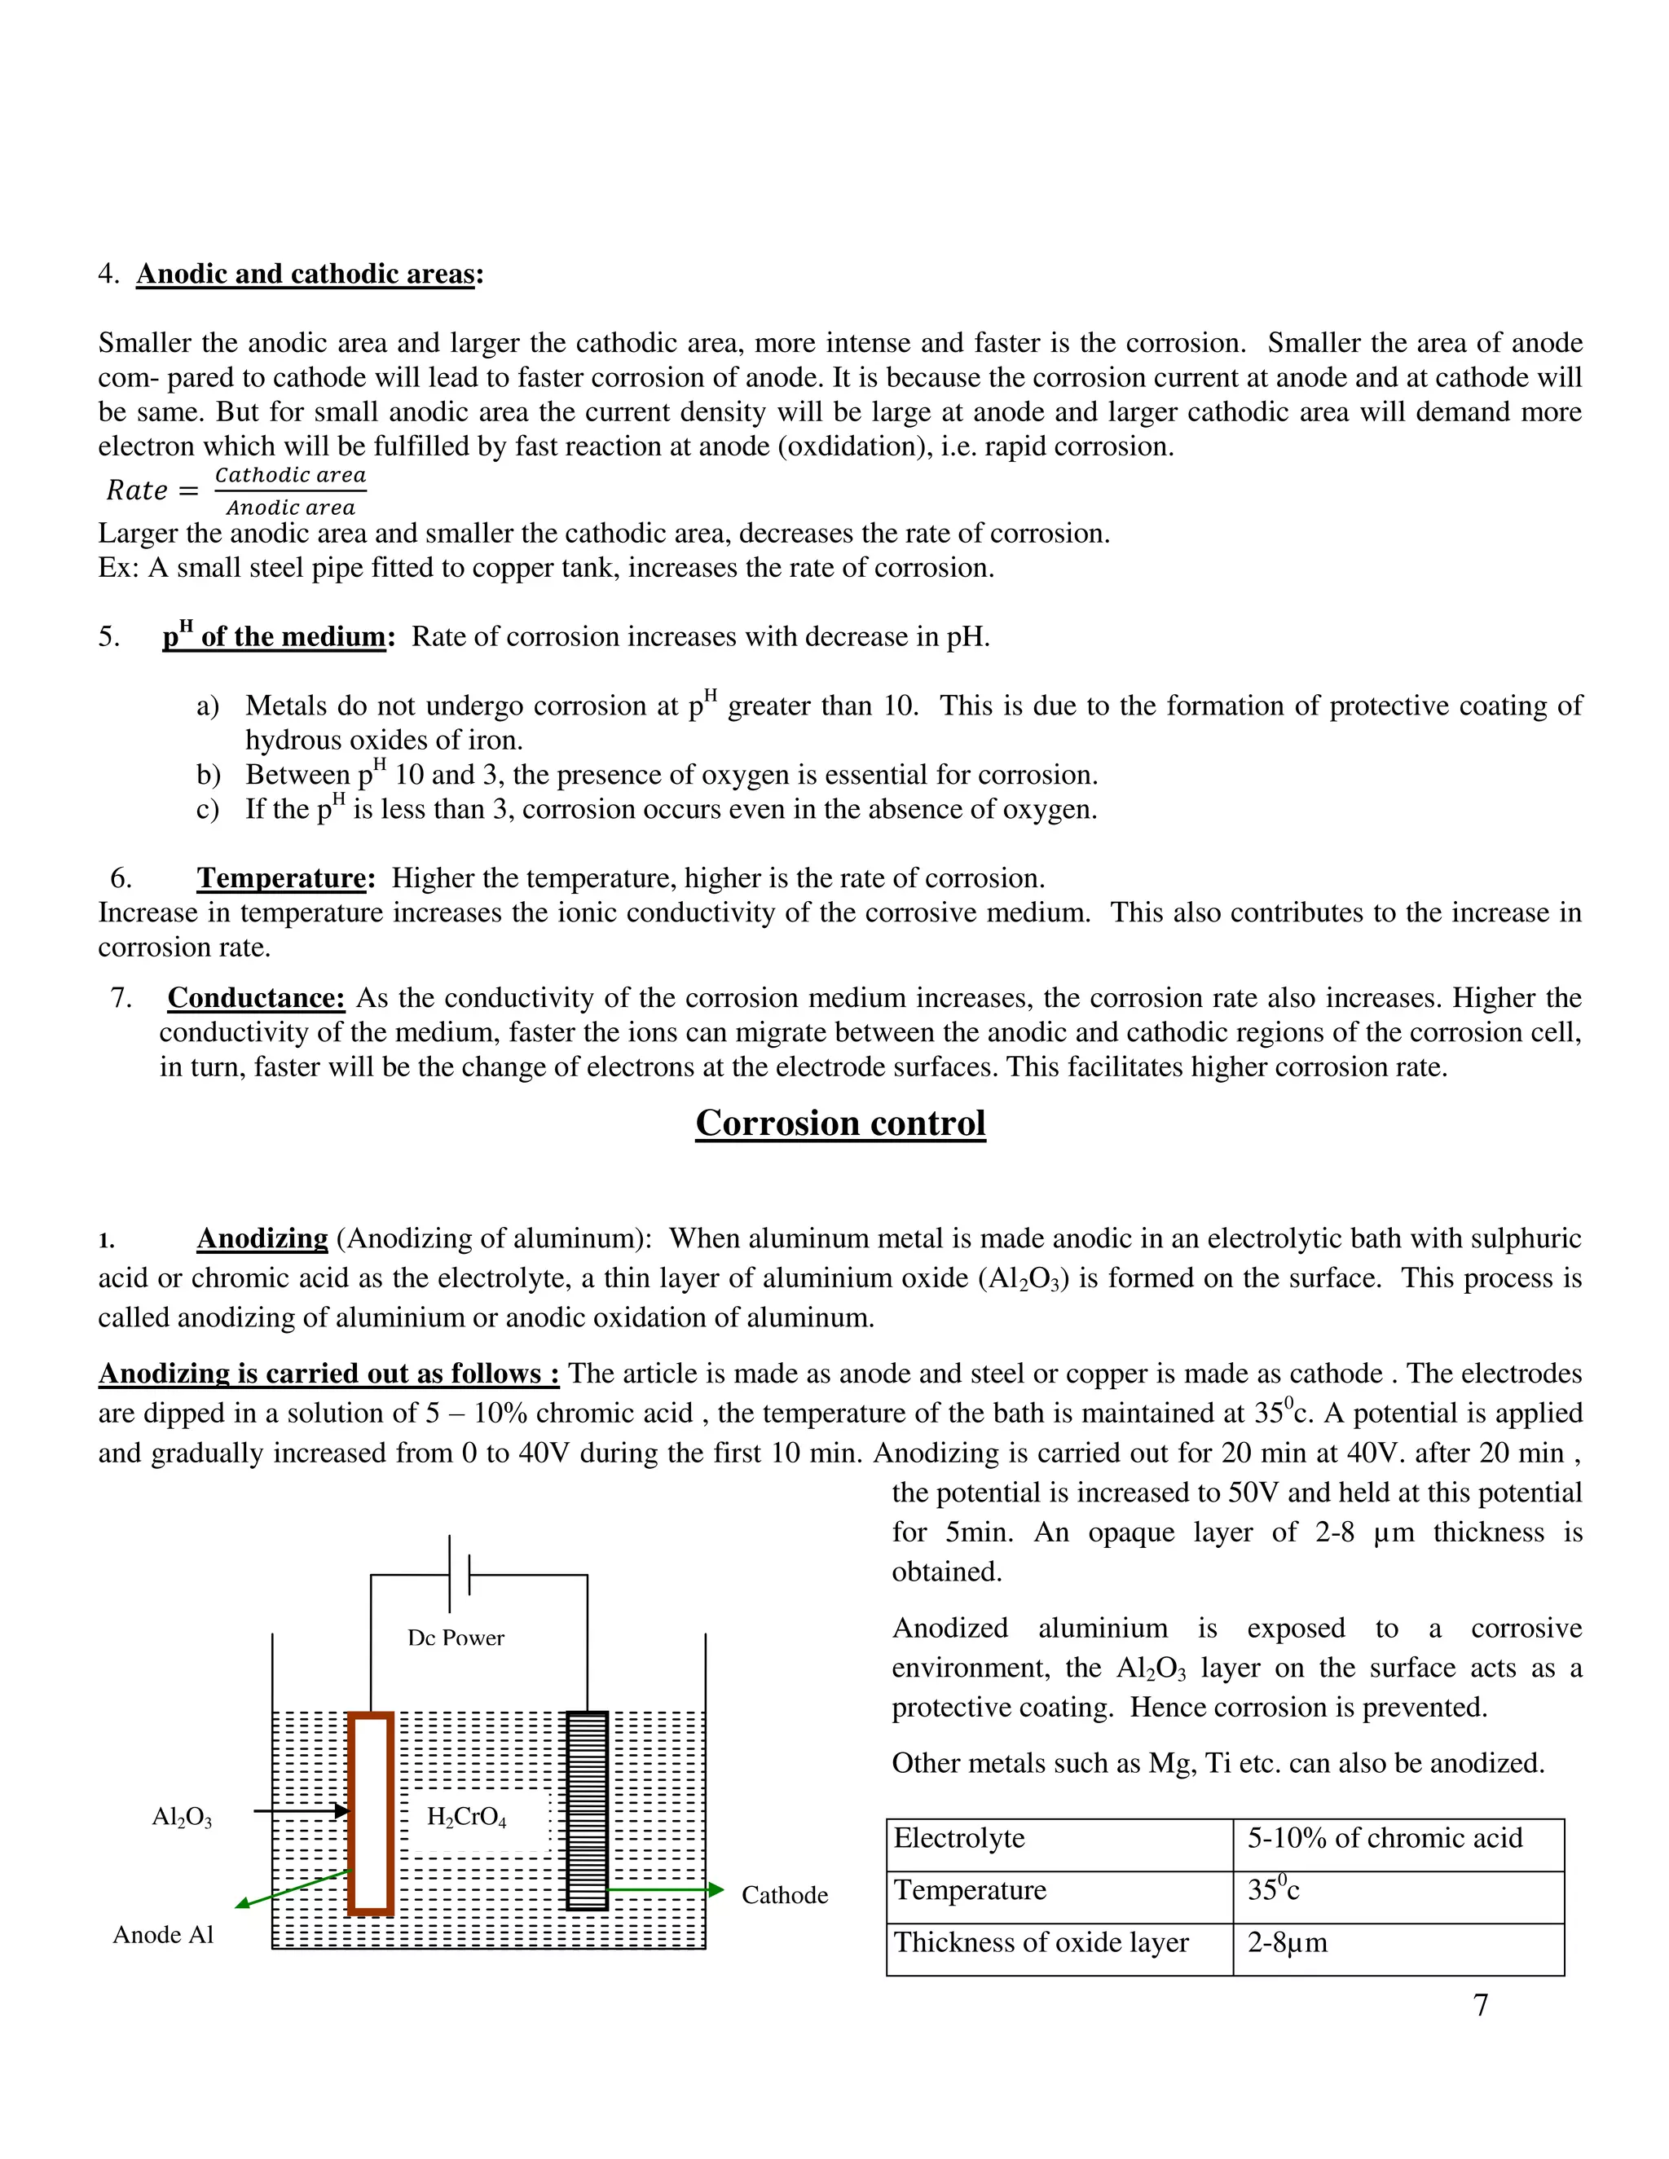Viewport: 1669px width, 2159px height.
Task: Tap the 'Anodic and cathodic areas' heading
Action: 306,274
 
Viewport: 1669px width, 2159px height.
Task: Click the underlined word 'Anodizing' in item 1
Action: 262,1238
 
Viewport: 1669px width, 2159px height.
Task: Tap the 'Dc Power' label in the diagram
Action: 456,1638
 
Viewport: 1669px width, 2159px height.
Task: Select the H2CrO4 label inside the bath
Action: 467,1816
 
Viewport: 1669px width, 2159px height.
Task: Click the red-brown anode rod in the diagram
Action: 371,1815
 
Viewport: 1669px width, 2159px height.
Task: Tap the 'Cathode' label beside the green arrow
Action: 784,1895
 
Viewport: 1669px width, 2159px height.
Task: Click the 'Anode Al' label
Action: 163,1935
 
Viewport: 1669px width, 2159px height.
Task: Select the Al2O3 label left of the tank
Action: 182,1817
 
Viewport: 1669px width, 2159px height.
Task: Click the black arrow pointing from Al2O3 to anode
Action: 302,1811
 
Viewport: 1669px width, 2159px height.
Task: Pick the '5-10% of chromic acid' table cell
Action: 1385,1838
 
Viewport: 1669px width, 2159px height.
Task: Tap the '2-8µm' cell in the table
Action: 1288,1942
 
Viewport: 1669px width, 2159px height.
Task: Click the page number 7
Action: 1480,2005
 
